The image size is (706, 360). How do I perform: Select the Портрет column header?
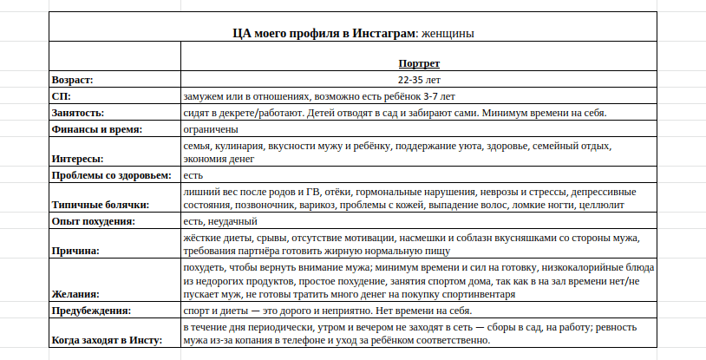[x=419, y=63]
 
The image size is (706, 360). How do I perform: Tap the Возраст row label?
[x=72, y=80]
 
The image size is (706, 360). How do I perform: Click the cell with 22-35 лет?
[x=419, y=80]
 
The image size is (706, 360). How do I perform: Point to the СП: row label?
[x=62, y=96]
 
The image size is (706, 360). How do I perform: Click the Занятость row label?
[x=78, y=113]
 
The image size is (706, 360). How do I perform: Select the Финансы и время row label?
[x=96, y=129]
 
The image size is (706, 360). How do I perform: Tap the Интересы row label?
[x=77, y=159]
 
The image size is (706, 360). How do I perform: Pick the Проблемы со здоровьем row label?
[x=112, y=175]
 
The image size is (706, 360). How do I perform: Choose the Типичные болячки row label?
[x=100, y=205]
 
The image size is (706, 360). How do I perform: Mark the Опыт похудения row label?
[x=93, y=221]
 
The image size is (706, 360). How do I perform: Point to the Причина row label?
[x=75, y=251]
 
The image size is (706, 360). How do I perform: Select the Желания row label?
[x=75, y=295]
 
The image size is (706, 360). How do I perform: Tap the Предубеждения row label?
[x=91, y=311]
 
